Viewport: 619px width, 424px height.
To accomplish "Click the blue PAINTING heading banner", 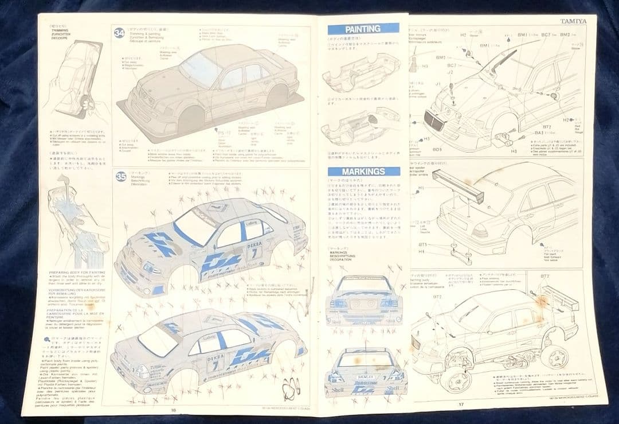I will pos(362,29).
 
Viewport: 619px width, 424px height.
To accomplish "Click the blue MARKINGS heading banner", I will pos(363,172).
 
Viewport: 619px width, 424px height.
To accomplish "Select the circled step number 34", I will pos(119,33).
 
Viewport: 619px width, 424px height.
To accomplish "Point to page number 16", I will pos(173,410).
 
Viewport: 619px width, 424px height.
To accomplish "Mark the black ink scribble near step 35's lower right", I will pos(291,388).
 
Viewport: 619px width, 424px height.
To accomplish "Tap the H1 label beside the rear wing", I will pos(421,188).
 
